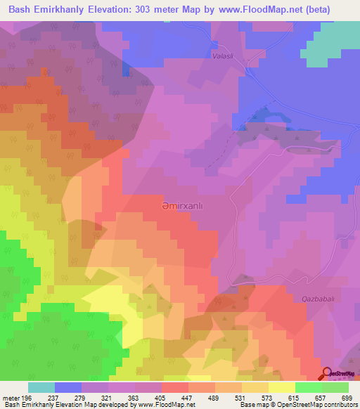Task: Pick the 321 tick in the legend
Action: coord(113,397)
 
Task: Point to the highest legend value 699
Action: coord(348,397)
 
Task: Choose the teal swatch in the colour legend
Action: coord(41,387)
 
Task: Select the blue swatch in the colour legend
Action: coord(68,387)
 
